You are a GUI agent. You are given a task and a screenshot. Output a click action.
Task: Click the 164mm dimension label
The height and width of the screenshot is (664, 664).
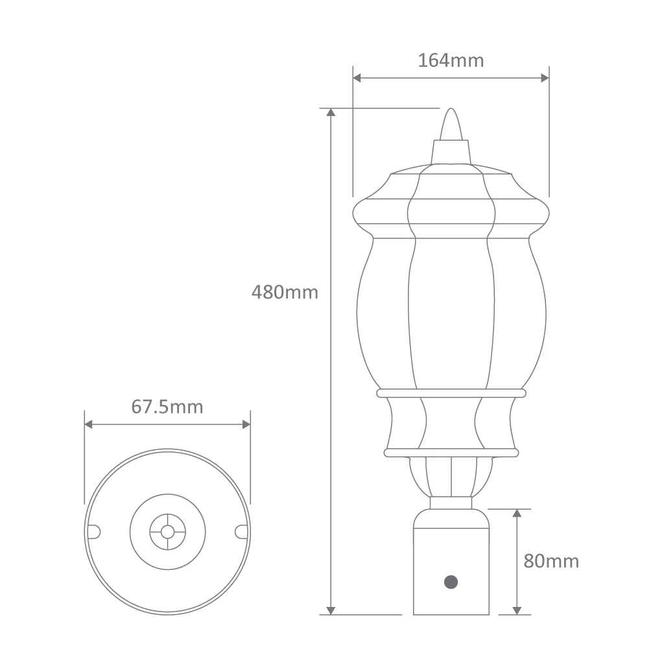click(451, 60)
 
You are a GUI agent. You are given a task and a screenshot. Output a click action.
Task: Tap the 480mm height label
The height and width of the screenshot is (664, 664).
click(285, 292)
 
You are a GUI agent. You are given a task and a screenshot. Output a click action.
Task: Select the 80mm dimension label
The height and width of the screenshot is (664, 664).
click(551, 561)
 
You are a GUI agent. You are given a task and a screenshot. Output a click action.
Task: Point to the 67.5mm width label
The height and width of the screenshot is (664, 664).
click(167, 407)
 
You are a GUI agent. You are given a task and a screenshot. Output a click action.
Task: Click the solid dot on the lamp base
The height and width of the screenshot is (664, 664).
click(451, 582)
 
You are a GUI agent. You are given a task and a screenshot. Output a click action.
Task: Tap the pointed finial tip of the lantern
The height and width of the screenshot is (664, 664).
click(451, 109)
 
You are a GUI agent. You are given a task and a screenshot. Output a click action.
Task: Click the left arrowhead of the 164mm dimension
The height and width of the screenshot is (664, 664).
click(357, 78)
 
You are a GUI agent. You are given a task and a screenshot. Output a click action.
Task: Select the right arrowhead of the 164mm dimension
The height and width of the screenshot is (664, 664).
click(545, 78)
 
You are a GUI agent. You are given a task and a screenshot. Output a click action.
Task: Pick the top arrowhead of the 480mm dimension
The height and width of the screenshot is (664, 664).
click(331, 112)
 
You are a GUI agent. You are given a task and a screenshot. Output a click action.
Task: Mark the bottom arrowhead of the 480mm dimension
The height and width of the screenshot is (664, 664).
click(331, 610)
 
